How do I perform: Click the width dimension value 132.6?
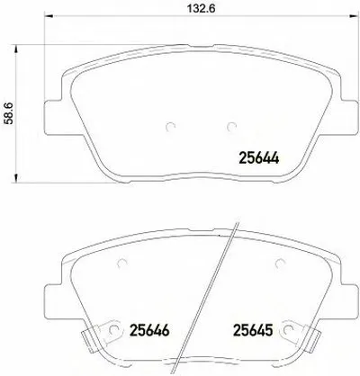coord(202,8)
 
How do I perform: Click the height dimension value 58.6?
coord(9,113)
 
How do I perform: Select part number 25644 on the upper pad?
coord(259,158)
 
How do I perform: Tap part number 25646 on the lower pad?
coord(149,330)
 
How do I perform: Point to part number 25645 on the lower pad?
coord(253,330)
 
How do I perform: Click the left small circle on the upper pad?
coord(171,127)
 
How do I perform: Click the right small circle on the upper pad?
coord(231,127)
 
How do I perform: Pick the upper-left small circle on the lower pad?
coord(122,264)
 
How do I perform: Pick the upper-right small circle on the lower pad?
coord(280,264)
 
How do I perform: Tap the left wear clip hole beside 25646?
coord(113,329)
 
